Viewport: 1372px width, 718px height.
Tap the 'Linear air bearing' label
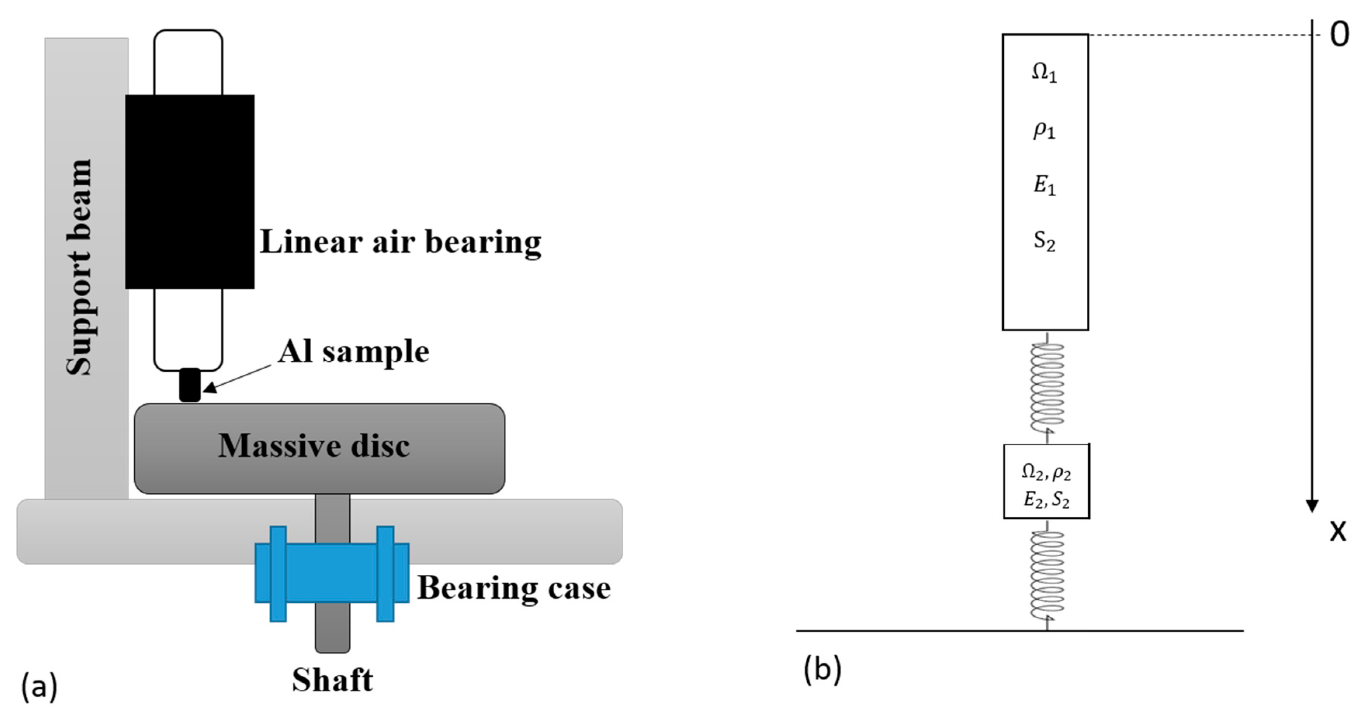(401, 242)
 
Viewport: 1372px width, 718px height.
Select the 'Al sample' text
(354, 351)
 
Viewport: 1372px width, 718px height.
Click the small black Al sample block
(190, 385)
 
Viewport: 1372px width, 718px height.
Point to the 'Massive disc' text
(314, 446)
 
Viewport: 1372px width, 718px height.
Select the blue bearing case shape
(332, 573)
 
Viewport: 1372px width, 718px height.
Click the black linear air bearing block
(190, 192)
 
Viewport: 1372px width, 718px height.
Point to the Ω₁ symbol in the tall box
(1044, 73)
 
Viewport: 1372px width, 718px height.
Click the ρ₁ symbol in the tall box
(1044, 130)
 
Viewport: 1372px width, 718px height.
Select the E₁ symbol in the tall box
(1044, 185)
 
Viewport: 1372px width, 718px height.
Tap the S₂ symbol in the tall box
(1044, 242)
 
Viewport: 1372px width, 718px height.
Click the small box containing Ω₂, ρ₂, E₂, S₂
(1046, 481)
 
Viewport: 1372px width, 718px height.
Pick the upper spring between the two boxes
(1047, 388)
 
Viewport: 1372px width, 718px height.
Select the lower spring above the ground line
(1047, 575)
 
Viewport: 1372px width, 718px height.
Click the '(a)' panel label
(39, 687)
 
